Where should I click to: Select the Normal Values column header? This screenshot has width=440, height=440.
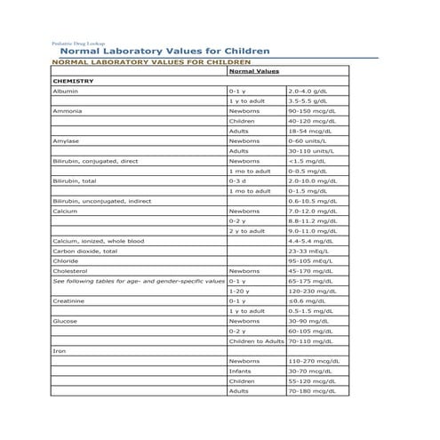(x=254, y=70)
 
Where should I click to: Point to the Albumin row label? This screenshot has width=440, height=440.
(x=65, y=91)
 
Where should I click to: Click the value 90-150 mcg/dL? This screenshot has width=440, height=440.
(x=311, y=110)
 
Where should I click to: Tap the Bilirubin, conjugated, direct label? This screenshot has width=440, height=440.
(x=95, y=161)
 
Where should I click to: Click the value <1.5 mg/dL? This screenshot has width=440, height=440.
(x=304, y=161)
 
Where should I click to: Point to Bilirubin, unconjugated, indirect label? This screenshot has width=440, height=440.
(x=101, y=201)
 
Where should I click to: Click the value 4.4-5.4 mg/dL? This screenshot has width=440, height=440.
(x=309, y=241)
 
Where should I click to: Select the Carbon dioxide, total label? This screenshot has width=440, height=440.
(x=84, y=251)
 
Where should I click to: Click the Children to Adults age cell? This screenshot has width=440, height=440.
(x=256, y=341)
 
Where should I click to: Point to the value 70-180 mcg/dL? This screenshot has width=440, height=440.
(x=310, y=391)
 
